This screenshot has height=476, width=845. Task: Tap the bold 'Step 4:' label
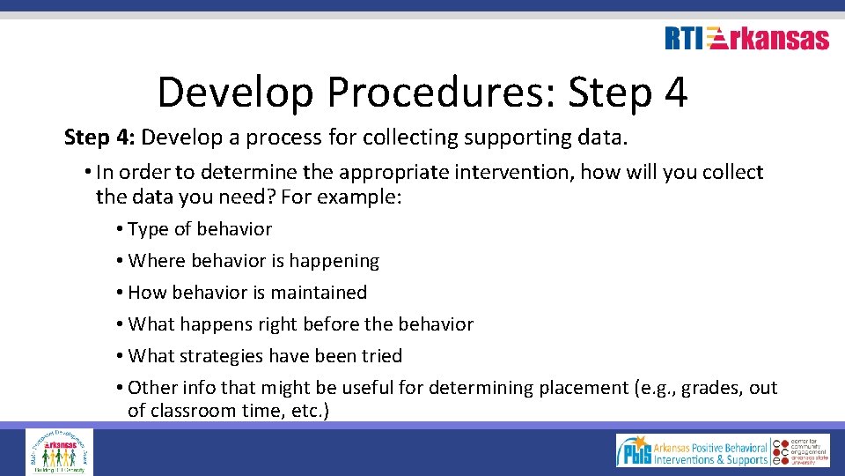pyautogui.click(x=99, y=138)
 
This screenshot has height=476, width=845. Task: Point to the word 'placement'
pyautogui.click(x=584, y=388)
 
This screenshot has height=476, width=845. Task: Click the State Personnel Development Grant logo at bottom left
pyautogui.click(x=59, y=451)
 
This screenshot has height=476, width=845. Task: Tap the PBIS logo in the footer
pyautogui.click(x=692, y=451)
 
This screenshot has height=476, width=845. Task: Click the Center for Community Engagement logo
pyautogui.click(x=801, y=451)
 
